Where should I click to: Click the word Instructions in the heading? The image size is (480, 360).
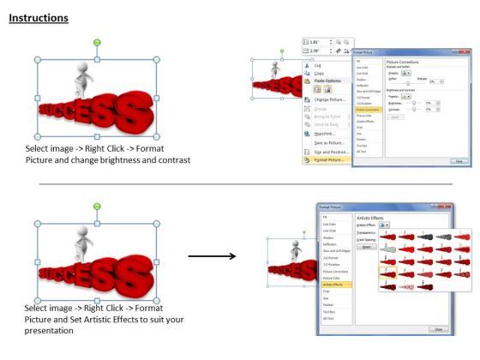click(39, 18)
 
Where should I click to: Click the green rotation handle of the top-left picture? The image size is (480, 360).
click(97, 43)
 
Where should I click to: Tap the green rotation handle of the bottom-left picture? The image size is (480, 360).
click(97, 207)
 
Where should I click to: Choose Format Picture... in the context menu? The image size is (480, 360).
click(329, 159)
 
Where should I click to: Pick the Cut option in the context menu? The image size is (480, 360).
click(319, 65)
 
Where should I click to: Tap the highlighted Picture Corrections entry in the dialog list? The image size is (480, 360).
click(368, 110)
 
